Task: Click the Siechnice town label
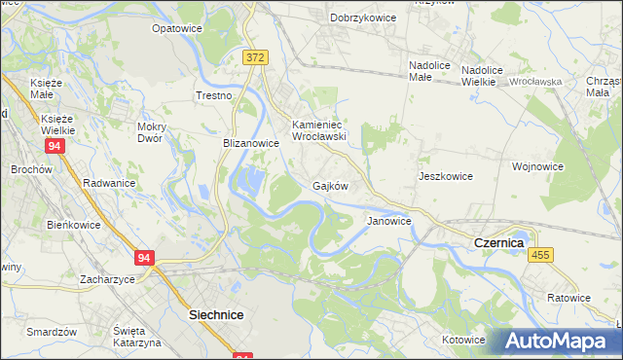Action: point(215,315)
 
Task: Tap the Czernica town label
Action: point(498,241)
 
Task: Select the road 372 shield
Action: point(255,58)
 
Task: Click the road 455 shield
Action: point(542,254)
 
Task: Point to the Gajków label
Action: point(330,185)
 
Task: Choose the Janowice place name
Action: point(388,221)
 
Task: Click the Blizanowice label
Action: point(251,142)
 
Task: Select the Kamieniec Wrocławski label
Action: point(319,130)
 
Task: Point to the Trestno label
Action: point(214,95)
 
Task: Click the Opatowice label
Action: point(176,28)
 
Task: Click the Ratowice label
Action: point(568,297)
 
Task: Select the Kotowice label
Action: point(463,340)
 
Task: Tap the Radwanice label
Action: point(109,182)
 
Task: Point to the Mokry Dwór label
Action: point(157,131)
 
